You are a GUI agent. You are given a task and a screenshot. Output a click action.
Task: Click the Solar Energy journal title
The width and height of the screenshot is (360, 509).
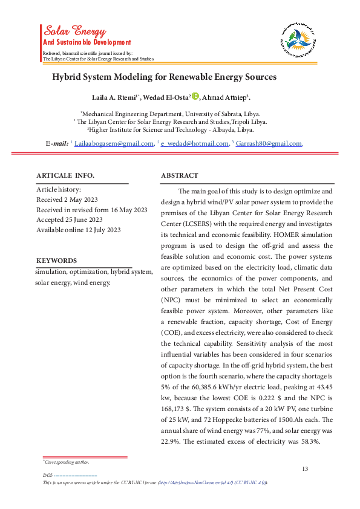coord(73,30)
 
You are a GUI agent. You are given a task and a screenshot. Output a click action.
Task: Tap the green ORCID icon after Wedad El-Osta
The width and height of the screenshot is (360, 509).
coord(195,96)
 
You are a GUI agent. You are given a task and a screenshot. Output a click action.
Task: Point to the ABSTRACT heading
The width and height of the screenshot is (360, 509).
coord(179,175)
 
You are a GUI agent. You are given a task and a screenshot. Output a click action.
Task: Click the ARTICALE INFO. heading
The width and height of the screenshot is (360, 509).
coord(65,175)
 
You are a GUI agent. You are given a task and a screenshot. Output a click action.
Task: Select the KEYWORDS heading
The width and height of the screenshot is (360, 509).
coord(57,261)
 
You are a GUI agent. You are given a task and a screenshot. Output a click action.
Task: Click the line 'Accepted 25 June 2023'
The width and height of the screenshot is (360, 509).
coord(70,219)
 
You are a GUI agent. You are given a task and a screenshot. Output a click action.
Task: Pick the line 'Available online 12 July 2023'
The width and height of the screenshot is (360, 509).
coord(79,230)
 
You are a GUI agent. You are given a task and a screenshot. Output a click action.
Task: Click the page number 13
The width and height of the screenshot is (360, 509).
coord(305,469)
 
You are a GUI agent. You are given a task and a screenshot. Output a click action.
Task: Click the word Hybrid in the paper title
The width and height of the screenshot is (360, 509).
coord(68,77)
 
